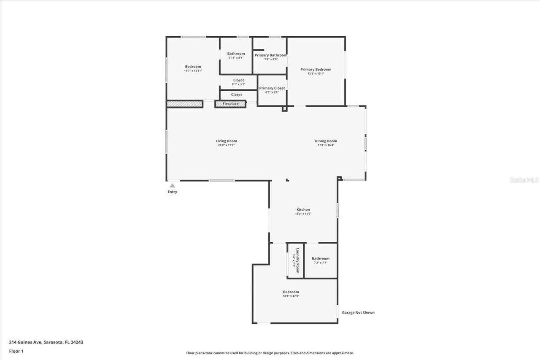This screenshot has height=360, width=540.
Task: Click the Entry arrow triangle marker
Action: pos(172,185)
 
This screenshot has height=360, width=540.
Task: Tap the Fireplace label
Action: pos(230,104)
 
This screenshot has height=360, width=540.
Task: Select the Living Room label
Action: pos(226,141)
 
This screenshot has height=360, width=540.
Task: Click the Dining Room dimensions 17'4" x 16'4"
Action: pos(326,145)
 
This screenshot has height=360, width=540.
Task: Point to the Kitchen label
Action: pos(303,210)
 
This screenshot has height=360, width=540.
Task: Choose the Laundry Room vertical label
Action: pos(298,260)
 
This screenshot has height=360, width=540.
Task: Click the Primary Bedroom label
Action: pos(316,69)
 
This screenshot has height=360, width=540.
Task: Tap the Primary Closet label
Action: pos(272,88)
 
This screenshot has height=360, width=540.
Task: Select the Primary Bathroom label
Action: pos(270,55)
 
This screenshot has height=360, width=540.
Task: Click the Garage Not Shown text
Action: pos(358,313)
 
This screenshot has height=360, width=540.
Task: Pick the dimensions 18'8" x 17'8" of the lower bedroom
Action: pos(291,296)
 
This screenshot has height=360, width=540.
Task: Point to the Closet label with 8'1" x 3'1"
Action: pos(238,80)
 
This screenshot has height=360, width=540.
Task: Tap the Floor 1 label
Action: pos(16,351)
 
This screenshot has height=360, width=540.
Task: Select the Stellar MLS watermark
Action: pos(524,180)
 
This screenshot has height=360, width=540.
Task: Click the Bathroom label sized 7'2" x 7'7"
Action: pos(321,259)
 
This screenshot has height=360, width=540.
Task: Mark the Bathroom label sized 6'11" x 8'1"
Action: pos(236,54)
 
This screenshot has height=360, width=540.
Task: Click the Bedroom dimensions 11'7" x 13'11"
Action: pos(193,71)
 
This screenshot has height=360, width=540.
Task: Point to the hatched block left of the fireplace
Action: pos(185,104)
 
